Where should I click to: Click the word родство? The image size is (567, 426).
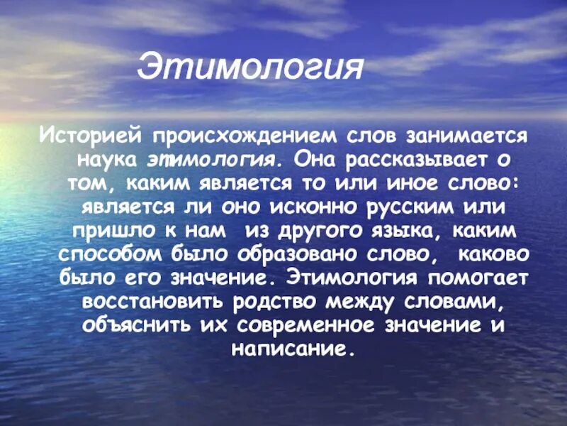tap(273, 303)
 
